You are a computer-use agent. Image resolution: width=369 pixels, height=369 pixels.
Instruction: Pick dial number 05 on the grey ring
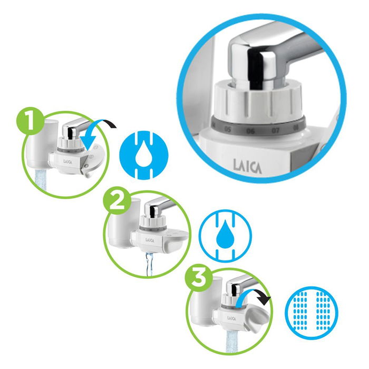(x=228, y=127)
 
